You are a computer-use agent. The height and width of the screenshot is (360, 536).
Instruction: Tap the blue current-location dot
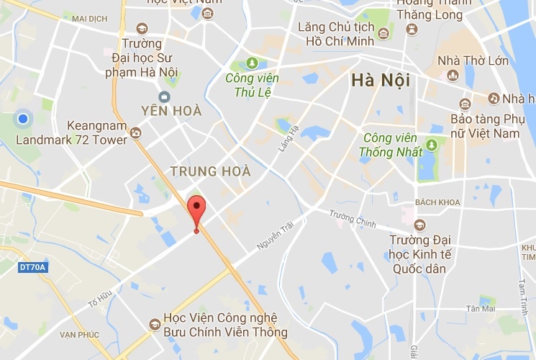click(23, 118)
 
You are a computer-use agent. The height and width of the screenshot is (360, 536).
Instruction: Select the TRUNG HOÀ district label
click(210, 171)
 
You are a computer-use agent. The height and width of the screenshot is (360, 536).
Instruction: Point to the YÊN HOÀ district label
click(173, 112)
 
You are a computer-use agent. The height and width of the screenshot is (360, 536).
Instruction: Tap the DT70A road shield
click(32, 268)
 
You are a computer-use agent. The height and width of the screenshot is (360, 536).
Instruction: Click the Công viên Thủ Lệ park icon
click(253, 63)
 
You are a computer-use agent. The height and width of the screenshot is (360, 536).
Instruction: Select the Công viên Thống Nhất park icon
click(431, 145)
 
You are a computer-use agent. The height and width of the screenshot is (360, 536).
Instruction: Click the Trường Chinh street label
click(353, 219)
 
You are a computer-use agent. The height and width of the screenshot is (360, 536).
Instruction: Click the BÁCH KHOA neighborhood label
click(437, 202)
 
